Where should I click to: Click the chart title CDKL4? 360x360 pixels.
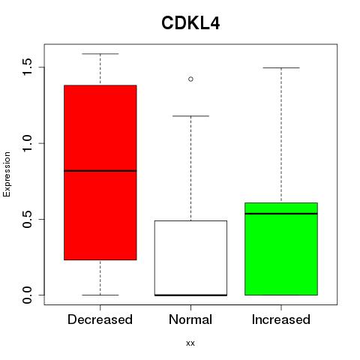point(190,23)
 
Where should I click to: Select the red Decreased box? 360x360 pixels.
point(100,172)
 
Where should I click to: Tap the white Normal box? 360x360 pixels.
point(190,258)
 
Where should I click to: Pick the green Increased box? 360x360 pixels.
point(281,249)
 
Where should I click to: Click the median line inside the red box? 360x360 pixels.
point(100,171)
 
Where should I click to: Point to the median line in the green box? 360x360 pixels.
point(281,214)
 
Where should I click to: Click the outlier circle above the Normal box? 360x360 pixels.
point(190,79)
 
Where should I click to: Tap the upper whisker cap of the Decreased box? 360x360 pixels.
point(100,54)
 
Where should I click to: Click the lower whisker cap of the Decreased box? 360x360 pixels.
point(100,295)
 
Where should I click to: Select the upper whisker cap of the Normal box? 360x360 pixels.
point(190,116)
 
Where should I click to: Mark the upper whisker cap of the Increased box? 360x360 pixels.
point(281,67)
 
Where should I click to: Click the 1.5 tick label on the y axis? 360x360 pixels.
point(27,67)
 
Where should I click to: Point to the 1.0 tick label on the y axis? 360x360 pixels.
point(27,143)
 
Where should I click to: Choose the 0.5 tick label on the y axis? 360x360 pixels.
point(27,219)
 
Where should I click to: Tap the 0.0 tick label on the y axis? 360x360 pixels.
point(27,295)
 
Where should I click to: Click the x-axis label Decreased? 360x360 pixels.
point(100,319)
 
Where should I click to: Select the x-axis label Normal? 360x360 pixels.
point(190,319)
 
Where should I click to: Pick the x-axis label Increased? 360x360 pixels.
point(281,319)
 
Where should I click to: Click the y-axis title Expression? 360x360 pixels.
point(7,174)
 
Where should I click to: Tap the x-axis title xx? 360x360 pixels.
point(190,343)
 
